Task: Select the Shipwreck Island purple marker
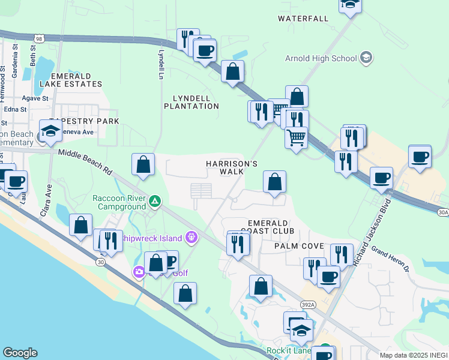(191, 238)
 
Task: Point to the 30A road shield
(442, 212)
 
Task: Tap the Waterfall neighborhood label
(303, 19)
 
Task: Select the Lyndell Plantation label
(195, 102)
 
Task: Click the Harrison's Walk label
(232, 167)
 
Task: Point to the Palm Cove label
(299, 247)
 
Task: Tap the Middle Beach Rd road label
(85, 162)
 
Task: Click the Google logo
(20, 353)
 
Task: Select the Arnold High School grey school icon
(366, 58)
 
